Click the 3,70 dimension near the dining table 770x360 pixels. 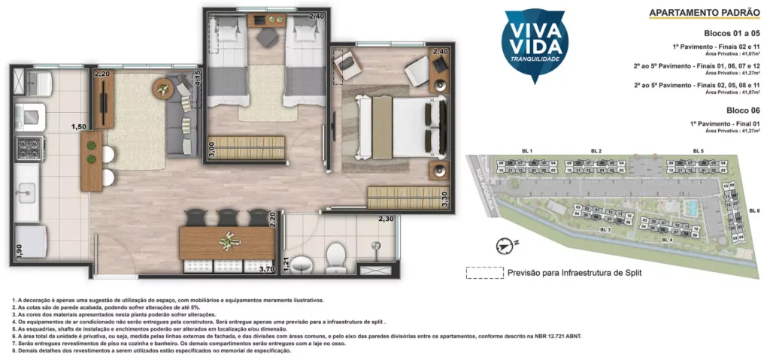click(265, 268)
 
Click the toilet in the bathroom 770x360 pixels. click(335, 260)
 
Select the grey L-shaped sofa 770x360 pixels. click(180, 113)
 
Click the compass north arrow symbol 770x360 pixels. click(505, 244)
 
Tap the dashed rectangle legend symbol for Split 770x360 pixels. click(483, 274)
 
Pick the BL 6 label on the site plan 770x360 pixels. click(753, 210)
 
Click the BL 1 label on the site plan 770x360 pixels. click(526, 152)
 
